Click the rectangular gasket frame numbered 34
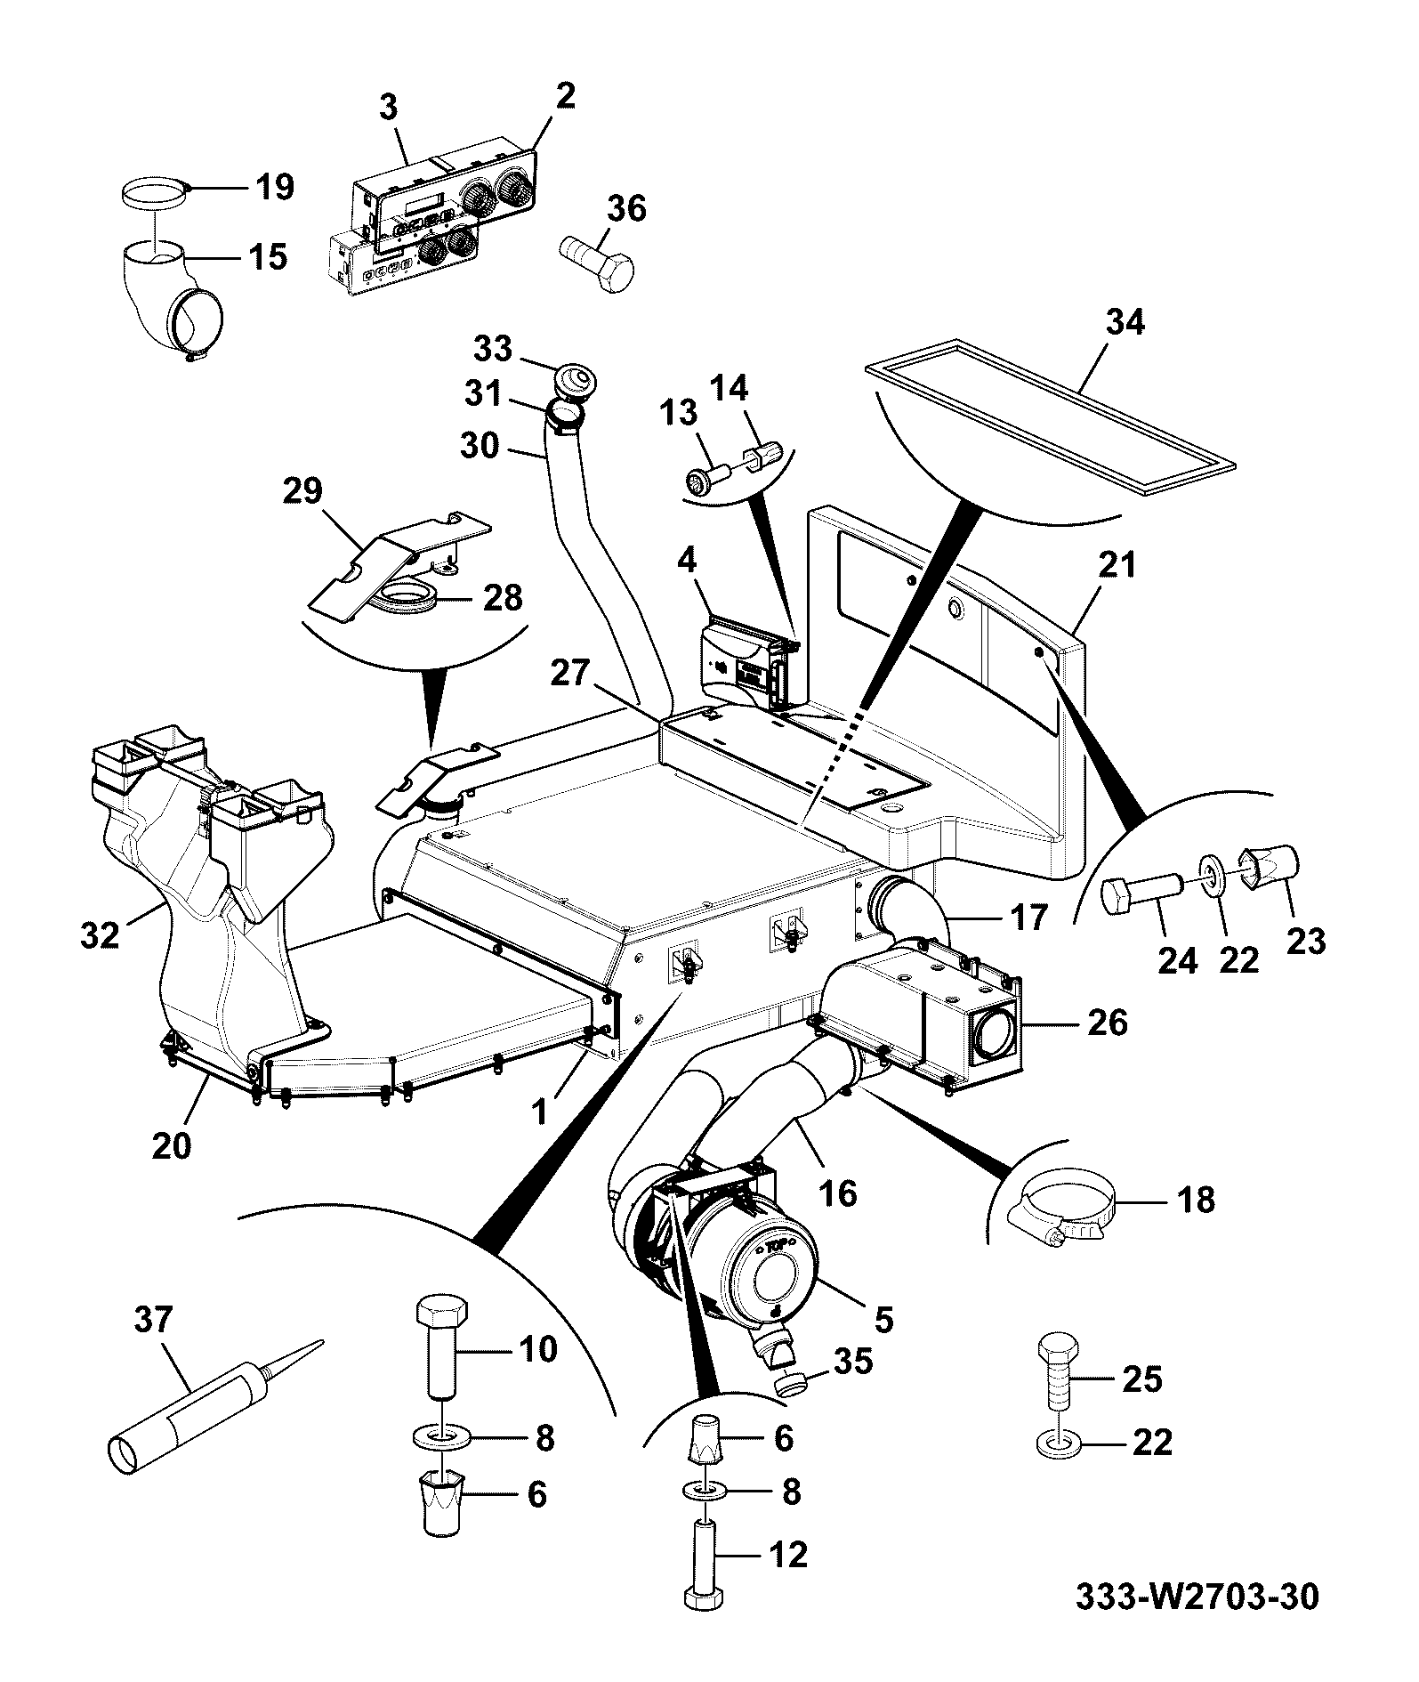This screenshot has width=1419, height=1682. [1050, 415]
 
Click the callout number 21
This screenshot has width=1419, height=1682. [1117, 566]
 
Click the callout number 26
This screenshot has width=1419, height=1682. [1107, 1023]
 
